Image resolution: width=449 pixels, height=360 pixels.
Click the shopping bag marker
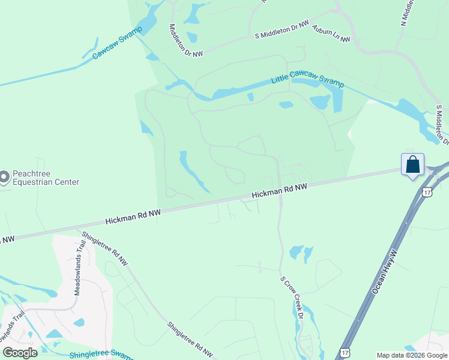413,164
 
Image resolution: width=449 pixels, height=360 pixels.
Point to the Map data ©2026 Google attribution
412,355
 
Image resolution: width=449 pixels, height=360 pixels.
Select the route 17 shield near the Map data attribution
344,352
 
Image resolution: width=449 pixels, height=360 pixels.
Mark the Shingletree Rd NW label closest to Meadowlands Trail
105,248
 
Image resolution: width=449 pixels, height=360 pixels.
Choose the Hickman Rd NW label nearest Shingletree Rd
133,217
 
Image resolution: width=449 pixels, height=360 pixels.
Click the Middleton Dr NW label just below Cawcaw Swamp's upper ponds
186,41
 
